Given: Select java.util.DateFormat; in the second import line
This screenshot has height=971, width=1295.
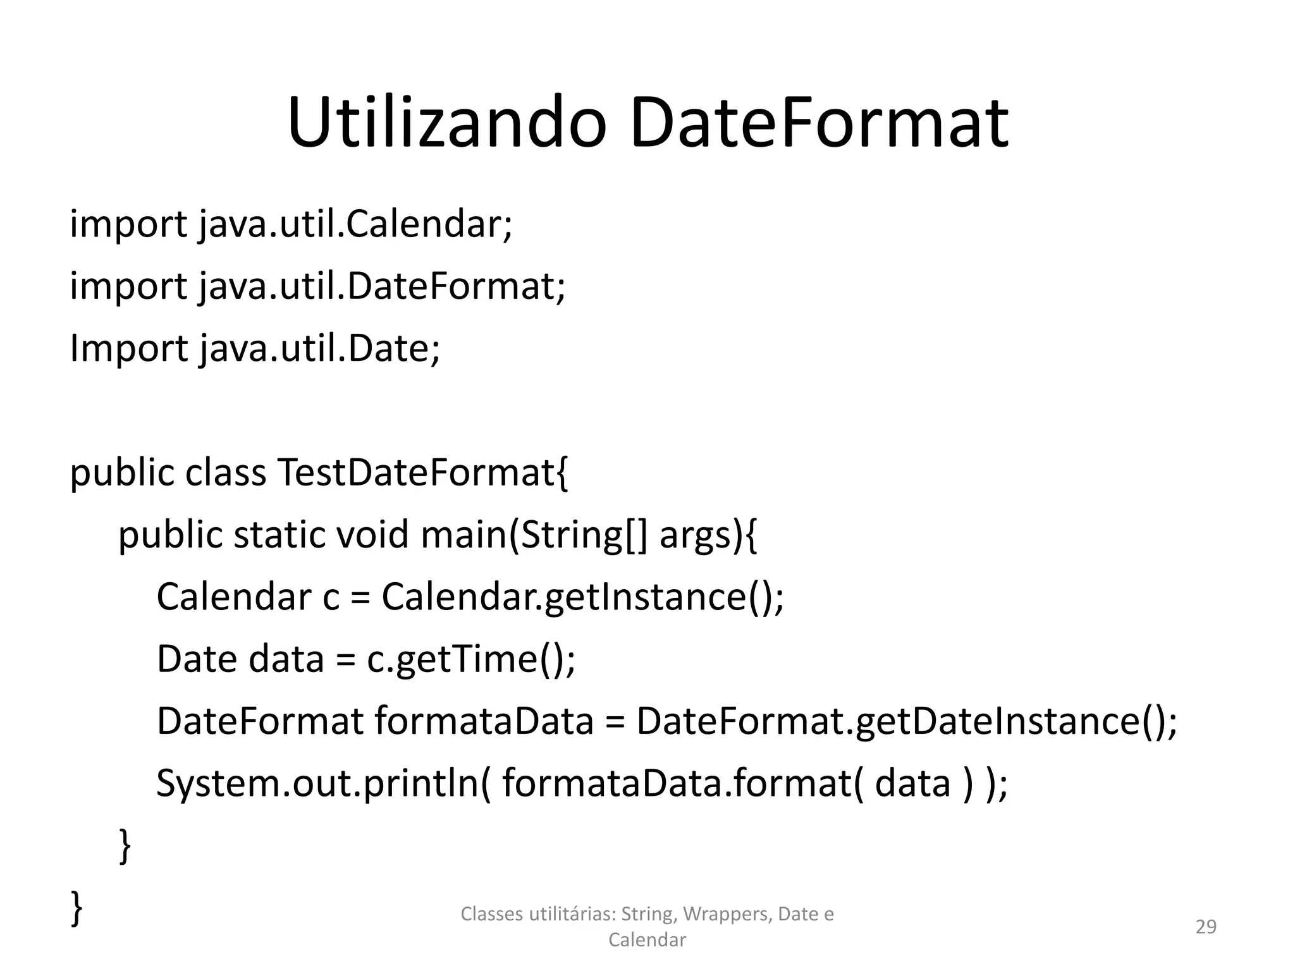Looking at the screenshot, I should pyautogui.click(x=382, y=286).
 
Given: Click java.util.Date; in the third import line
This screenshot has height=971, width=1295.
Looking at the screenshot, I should pyautogui.click(x=319, y=348).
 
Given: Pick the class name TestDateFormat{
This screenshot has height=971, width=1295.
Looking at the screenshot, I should pyautogui.click(x=423, y=472).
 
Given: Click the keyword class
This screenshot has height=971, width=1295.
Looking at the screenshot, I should pyautogui.click(x=226, y=472).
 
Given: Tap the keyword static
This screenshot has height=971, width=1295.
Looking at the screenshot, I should pyautogui.click(x=279, y=534).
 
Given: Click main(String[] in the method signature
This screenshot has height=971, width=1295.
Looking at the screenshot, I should pyautogui.click(x=534, y=534).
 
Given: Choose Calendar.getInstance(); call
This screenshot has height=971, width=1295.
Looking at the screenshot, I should pyautogui.click(x=582, y=596).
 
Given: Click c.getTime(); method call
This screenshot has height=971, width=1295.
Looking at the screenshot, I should pyautogui.click(x=471, y=658).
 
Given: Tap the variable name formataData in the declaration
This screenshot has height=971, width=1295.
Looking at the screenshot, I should pyautogui.click(x=484, y=720).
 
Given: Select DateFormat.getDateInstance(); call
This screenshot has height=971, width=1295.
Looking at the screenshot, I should pyautogui.click(x=907, y=720).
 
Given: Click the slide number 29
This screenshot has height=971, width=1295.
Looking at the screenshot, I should pyautogui.click(x=1206, y=927).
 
